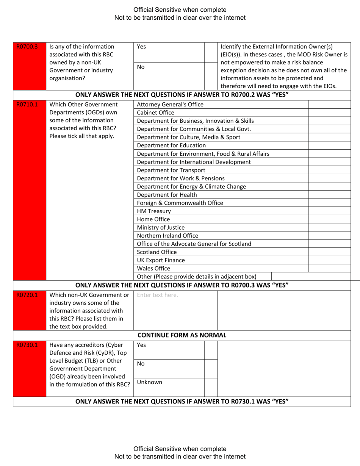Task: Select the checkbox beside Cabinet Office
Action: pos(329,113)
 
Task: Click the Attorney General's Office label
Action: pos(170,104)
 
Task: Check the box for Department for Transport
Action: pos(329,170)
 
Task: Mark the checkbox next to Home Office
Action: pos(329,219)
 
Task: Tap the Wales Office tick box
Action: pos(329,268)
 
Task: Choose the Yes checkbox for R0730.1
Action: pos(211,349)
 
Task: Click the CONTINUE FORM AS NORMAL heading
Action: pos(182,335)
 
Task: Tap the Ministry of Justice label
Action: pos(161,227)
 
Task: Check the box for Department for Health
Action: pos(329,195)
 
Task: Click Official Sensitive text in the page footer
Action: pos(180,449)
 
